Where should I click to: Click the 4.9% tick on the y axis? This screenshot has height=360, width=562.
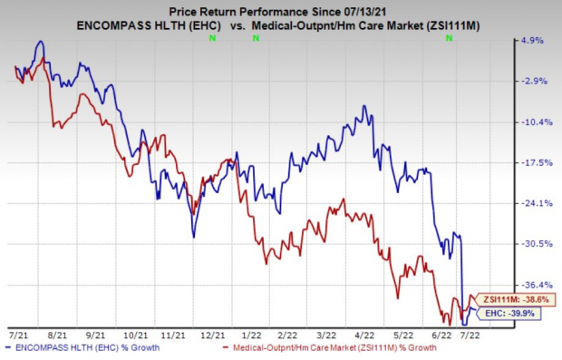[532, 41]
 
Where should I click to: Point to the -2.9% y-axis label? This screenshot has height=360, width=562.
[533, 81]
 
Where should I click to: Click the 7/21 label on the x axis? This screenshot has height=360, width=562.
[17, 336]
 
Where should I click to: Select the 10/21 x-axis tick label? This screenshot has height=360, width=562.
[135, 336]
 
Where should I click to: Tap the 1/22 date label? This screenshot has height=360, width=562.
[252, 336]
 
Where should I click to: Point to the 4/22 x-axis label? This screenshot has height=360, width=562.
[364, 336]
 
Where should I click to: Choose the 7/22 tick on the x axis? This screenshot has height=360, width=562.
[470, 336]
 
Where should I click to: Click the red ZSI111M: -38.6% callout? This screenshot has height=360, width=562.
[516, 299]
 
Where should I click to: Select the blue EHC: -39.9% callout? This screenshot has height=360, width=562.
[509, 314]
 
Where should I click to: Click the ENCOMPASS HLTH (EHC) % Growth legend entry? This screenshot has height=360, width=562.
[83, 348]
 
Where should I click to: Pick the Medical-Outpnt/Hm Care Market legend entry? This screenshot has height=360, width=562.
[330, 348]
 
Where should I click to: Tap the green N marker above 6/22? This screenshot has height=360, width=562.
[449, 38]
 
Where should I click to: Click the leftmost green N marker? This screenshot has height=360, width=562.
[212, 38]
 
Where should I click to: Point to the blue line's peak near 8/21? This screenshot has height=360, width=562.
[41, 41]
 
